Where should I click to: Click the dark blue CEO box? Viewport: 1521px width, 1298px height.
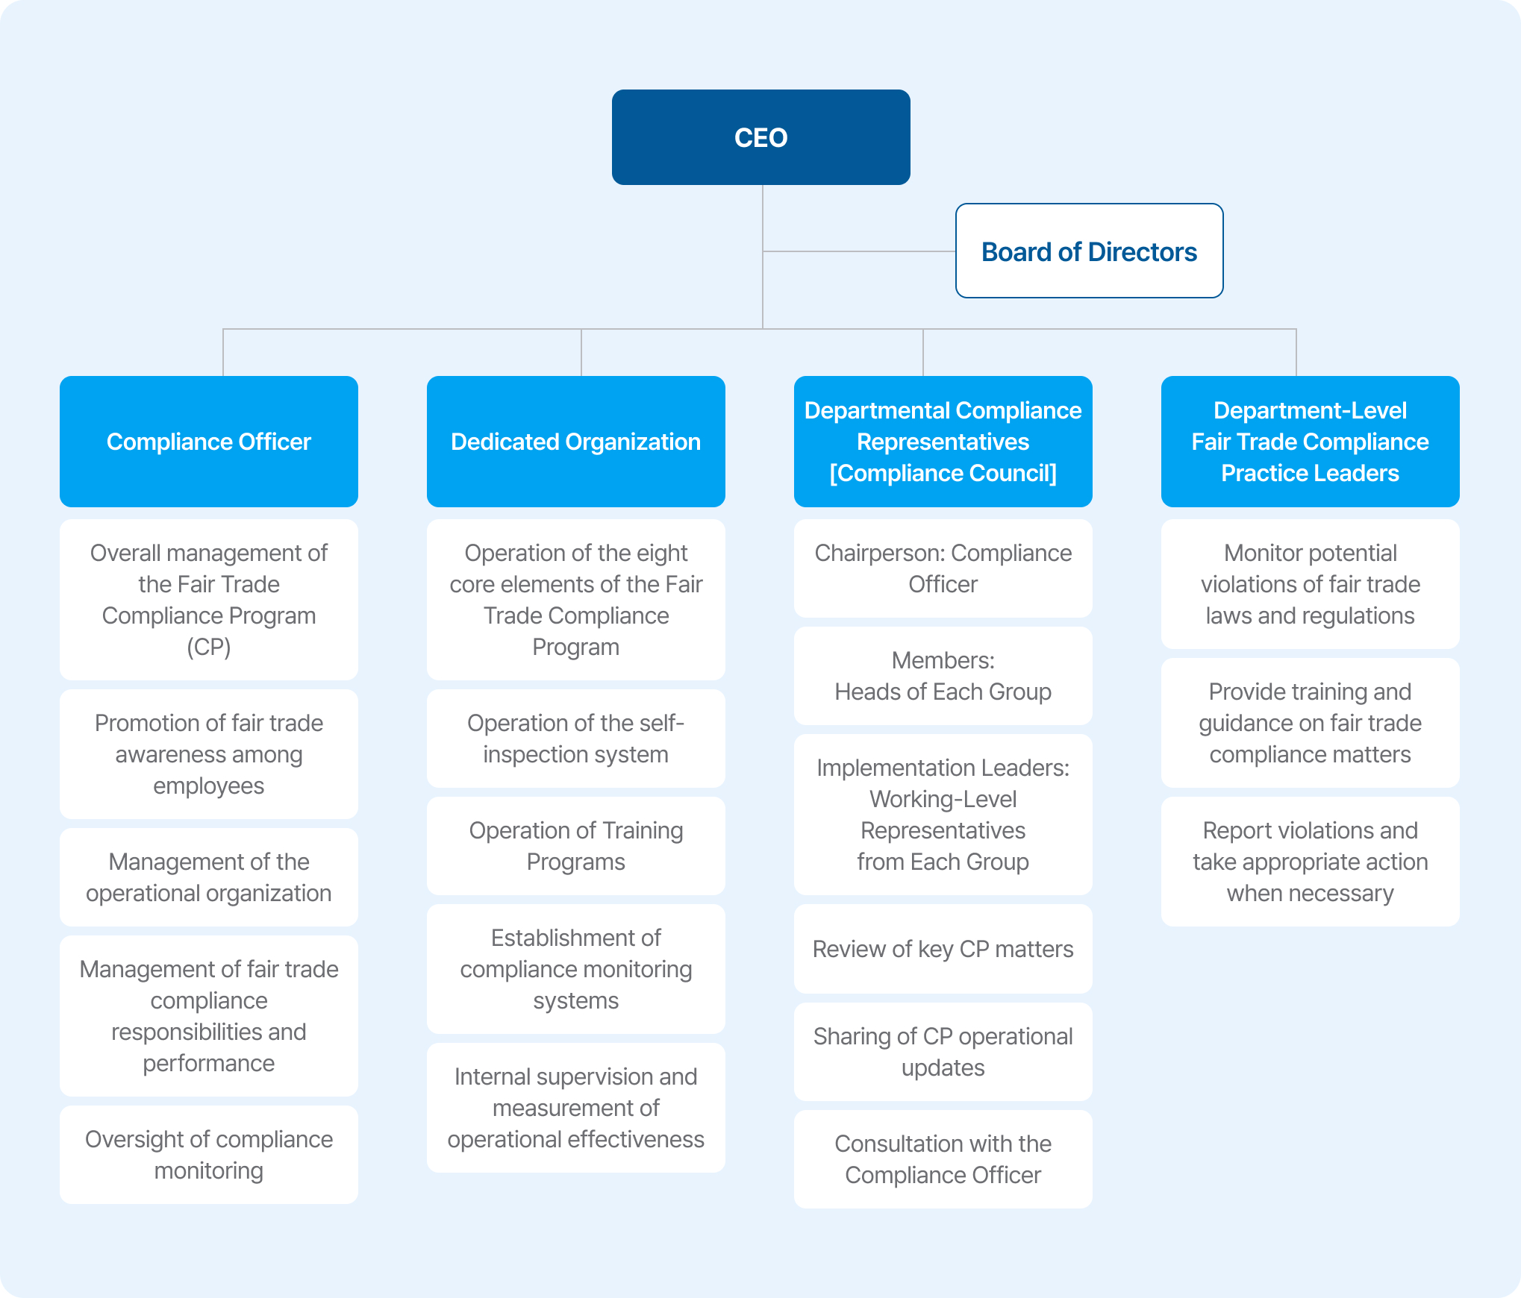tap(760, 137)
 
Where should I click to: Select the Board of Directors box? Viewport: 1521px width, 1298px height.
tap(1089, 251)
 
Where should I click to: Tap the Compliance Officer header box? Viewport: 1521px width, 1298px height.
tap(209, 442)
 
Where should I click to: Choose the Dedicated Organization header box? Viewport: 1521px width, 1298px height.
tap(576, 442)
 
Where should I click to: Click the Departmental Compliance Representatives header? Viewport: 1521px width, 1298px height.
tap(943, 442)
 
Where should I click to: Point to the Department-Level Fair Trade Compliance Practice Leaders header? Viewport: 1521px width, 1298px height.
tap(1311, 442)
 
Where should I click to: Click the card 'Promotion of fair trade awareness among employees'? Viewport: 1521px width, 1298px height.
tap(209, 754)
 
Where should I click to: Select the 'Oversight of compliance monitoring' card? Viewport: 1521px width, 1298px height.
tap(209, 1155)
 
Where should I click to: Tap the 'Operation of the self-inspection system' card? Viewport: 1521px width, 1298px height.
tap(576, 739)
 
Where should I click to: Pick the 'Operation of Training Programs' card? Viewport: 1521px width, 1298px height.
tap(576, 846)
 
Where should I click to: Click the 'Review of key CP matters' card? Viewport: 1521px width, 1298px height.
tap(943, 949)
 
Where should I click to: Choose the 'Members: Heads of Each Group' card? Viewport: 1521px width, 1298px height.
tap(943, 676)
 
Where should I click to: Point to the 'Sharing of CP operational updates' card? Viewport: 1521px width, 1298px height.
tap(943, 1052)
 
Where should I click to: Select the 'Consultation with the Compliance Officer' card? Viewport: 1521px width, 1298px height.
tap(943, 1159)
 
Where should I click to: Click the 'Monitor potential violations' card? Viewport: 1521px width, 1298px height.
tap(1311, 584)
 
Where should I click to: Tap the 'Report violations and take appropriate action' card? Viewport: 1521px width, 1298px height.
tap(1311, 862)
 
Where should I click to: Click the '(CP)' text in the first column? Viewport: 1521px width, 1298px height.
tap(209, 647)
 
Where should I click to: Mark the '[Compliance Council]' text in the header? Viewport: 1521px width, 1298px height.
tap(943, 473)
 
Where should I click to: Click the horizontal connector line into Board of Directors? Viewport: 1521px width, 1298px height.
tap(859, 251)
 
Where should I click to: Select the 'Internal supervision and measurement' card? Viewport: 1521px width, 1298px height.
tap(576, 1108)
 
